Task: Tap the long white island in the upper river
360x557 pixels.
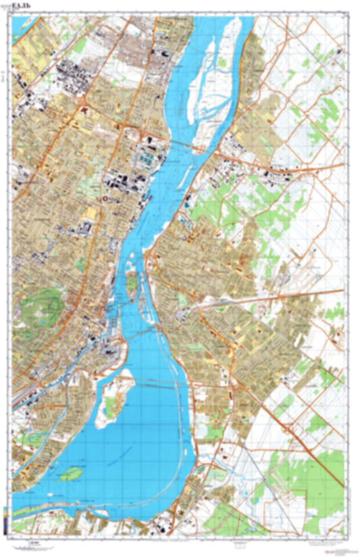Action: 208,74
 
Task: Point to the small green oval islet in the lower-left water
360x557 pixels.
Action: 69,475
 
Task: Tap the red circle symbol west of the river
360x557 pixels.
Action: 107,199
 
